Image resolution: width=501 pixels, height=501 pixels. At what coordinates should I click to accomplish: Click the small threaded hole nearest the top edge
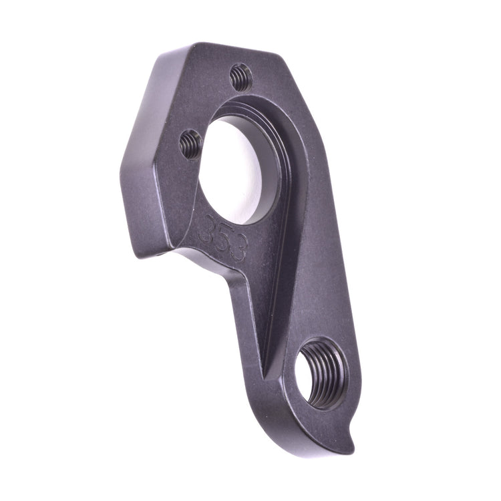click(241, 77)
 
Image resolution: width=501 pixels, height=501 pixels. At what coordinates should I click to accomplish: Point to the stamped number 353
click(223, 238)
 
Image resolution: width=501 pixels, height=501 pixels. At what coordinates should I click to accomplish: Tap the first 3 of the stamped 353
click(207, 228)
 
